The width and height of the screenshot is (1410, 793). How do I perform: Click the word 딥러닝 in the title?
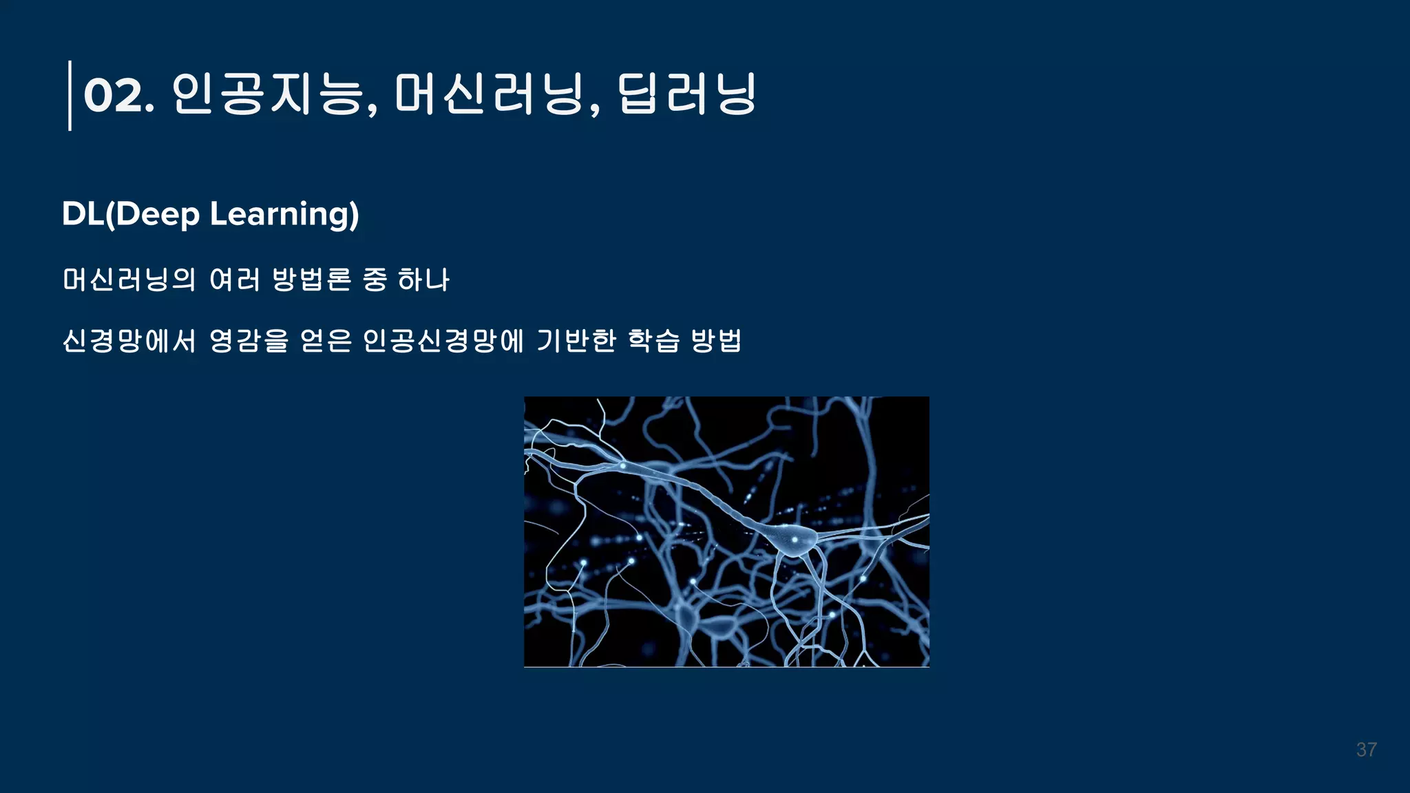[x=686, y=95]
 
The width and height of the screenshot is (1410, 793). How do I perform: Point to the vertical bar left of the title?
[x=70, y=95]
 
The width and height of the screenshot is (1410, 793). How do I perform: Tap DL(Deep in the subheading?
[x=131, y=214]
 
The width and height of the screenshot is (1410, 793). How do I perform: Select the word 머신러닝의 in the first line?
[x=129, y=279]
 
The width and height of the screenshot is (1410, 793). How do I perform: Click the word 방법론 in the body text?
[x=312, y=279]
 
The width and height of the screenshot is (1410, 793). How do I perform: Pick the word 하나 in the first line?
[x=423, y=279]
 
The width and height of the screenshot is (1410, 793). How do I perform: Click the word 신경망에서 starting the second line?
[x=129, y=340]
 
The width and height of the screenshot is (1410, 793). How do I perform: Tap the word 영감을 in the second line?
[x=249, y=340]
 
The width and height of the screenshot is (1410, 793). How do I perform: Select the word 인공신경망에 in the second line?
[x=443, y=340]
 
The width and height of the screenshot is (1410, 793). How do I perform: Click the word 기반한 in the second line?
[x=576, y=340]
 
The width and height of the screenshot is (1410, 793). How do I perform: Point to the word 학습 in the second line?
[x=654, y=340]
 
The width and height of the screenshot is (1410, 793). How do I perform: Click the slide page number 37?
[x=1367, y=750]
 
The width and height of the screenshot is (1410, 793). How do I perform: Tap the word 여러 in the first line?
[x=235, y=279]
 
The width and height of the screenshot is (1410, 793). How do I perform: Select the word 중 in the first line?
[x=375, y=279]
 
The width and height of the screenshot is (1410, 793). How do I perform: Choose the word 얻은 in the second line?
[x=326, y=340]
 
